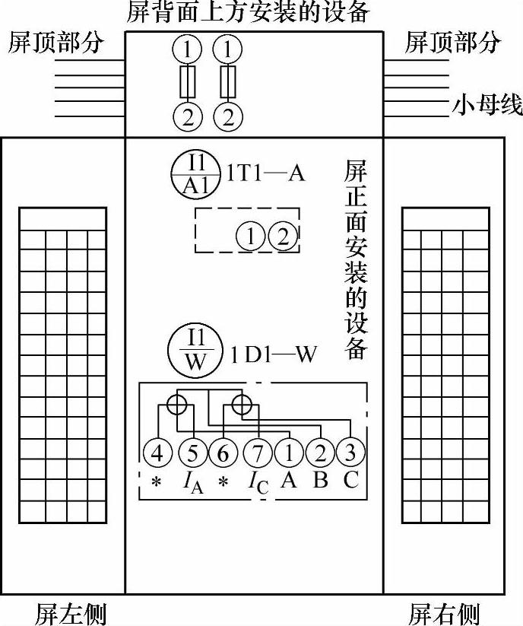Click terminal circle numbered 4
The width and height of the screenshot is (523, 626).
coord(158,454)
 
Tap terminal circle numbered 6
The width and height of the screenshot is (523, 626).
coord(223,454)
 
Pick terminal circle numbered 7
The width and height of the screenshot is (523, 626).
coord(257,454)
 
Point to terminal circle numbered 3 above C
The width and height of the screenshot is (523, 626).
coord(350,453)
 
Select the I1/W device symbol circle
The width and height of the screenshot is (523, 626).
coord(195,351)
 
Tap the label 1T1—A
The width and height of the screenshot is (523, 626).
coord(266,174)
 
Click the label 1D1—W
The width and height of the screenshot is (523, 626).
coord(274,354)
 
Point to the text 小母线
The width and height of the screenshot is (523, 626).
coord(487,106)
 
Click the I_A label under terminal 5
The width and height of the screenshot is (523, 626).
coord(193,482)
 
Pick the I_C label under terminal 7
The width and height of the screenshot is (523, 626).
coord(258,482)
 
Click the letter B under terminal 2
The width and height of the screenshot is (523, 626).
coord(321,481)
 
